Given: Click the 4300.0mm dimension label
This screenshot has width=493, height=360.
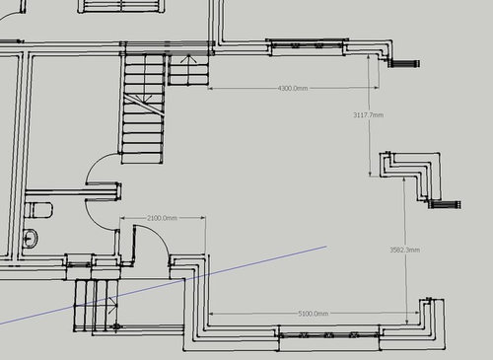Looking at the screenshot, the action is click(293, 88).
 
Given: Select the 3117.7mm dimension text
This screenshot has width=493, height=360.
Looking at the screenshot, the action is click(368, 115).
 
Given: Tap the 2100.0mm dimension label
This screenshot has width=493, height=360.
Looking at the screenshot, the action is click(162, 218).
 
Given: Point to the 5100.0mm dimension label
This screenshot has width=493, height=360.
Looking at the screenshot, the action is click(314, 314).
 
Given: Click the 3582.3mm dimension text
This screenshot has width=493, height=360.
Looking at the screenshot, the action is click(405, 250).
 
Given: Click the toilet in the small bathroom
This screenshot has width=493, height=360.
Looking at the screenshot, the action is click(38, 210).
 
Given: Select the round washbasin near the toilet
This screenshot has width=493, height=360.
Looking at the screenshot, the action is click(31, 238).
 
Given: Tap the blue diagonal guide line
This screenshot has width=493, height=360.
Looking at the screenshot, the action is click(163, 285).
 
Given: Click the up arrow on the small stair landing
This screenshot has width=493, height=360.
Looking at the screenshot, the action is click(188, 69).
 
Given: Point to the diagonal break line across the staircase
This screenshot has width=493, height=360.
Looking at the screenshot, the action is click(144, 104).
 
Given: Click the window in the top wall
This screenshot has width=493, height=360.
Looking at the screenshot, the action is click(307, 46).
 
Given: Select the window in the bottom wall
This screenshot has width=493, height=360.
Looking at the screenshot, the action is click(329, 335).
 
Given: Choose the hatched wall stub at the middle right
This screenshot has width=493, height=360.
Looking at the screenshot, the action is click(446, 205).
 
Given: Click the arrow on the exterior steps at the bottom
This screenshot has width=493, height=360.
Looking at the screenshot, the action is click(113, 305).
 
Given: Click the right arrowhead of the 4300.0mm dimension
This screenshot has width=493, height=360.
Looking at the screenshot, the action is click(377, 88).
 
